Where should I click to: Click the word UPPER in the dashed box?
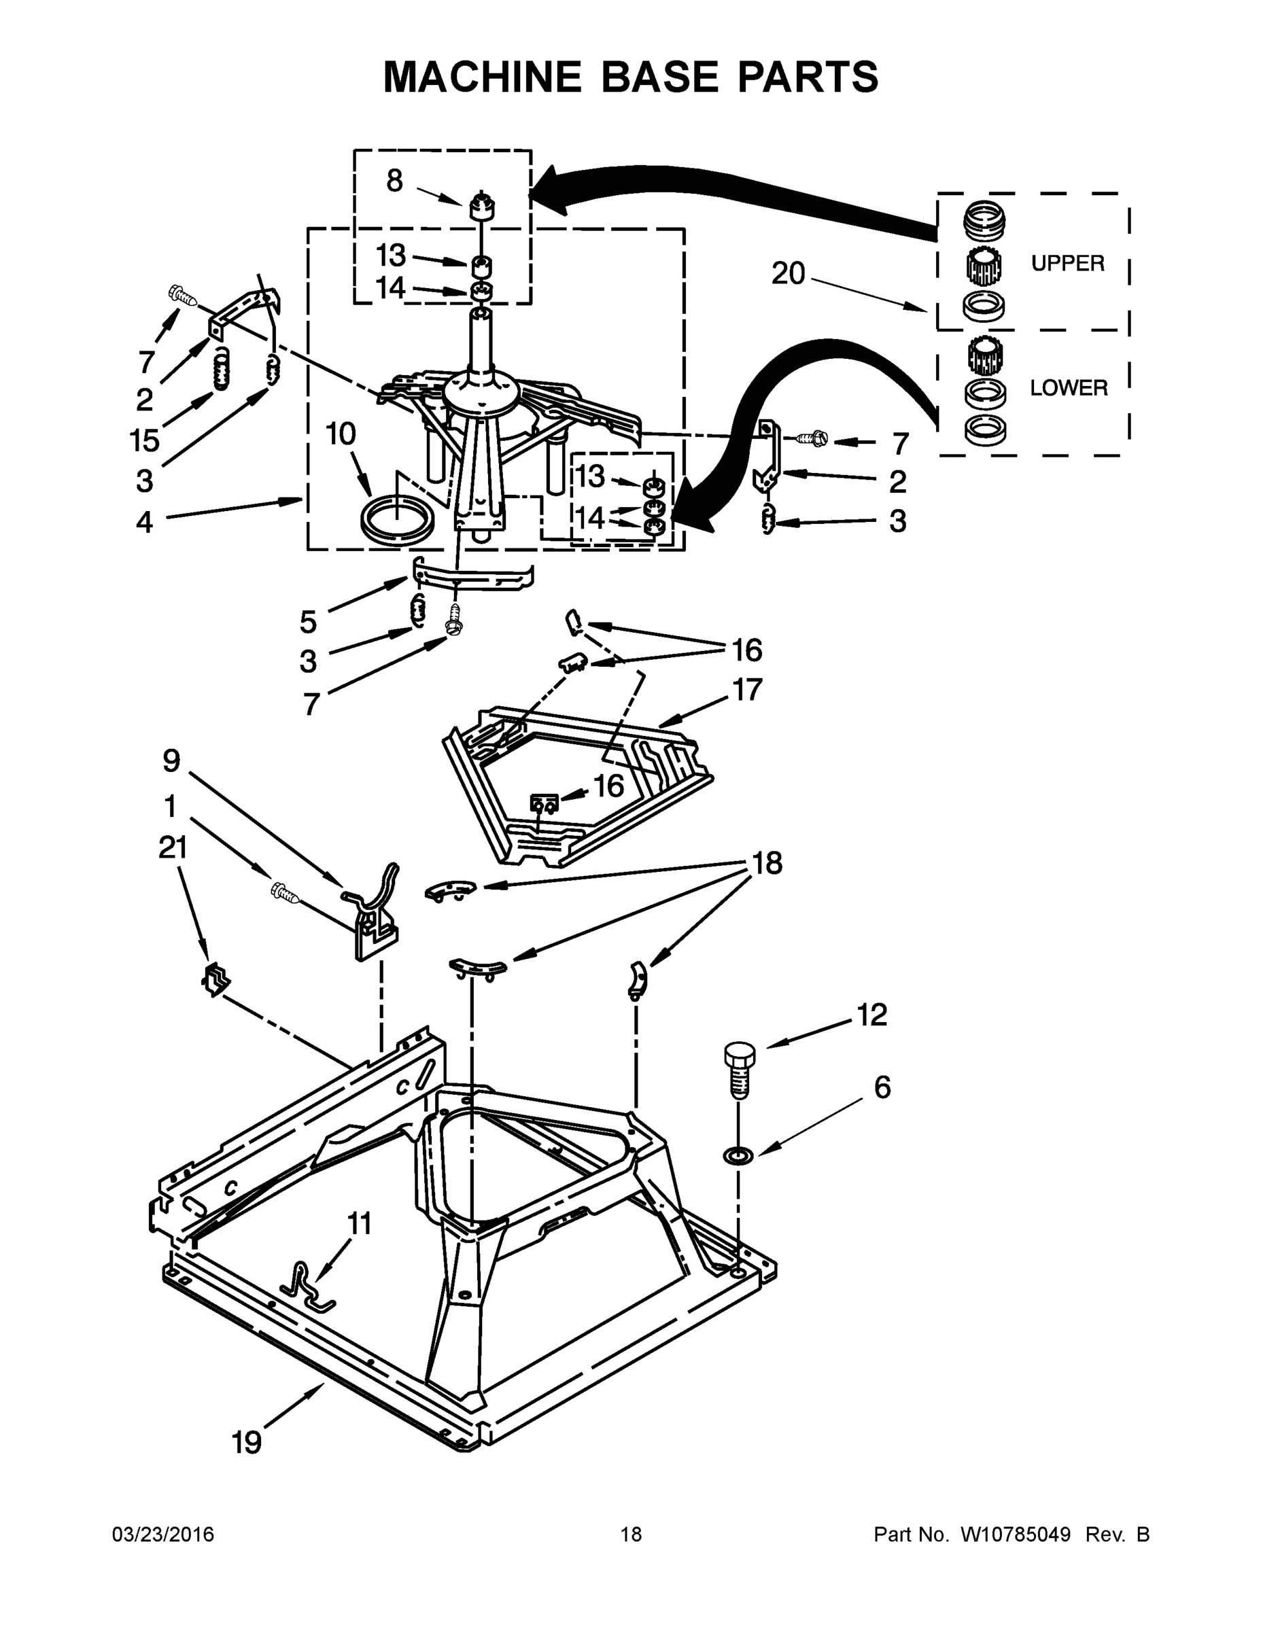click(x=1067, y=263)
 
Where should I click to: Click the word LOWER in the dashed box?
click(x=1067, y=387)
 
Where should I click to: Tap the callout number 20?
click(x=788, y=274)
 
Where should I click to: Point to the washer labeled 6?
click(x=738, y=1155)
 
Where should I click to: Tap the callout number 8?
click(x=394, y=181)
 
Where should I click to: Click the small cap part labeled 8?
click(x=483, y=205)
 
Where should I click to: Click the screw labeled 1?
click(x=286, y=892)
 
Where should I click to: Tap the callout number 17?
click(x=746, y=689)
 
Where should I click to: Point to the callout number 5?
click(x=308, y=621)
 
